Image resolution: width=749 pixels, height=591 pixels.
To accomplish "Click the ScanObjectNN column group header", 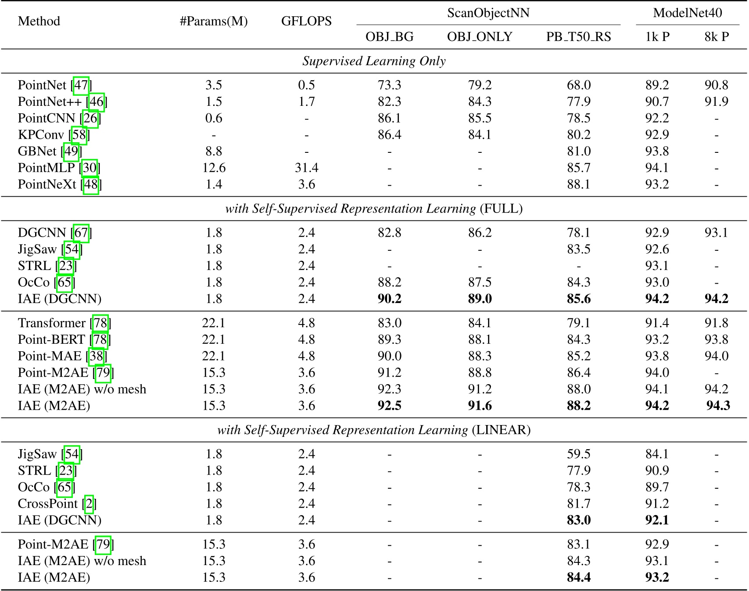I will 488,13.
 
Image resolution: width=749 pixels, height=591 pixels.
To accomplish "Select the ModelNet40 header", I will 687,13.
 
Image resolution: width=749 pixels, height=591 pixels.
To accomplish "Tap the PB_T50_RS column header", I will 578,36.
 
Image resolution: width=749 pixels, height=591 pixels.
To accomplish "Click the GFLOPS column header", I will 306,21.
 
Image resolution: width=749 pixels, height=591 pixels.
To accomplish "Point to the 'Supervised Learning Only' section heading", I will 374,61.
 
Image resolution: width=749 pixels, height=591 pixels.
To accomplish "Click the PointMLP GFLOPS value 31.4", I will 306,168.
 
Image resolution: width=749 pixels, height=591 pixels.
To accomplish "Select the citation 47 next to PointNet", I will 81,85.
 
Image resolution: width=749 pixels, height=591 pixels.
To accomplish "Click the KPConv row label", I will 40,135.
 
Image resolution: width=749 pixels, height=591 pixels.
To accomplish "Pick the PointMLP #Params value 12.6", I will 214,168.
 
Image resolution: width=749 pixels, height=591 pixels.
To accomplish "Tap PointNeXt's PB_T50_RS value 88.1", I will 578,184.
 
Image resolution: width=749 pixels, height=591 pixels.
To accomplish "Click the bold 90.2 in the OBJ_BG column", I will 389,299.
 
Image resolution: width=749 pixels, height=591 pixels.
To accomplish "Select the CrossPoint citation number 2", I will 89,504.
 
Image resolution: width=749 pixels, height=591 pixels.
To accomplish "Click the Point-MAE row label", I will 50,356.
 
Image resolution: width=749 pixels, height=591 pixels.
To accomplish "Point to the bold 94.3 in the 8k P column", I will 718,406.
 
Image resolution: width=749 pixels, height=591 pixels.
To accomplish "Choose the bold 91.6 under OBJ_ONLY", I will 480,406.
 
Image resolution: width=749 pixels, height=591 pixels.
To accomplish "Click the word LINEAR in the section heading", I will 501,430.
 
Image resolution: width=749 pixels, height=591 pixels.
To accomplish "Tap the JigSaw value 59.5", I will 578,454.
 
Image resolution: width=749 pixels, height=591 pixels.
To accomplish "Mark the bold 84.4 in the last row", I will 578,577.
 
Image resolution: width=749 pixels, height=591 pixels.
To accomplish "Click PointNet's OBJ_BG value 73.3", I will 389,85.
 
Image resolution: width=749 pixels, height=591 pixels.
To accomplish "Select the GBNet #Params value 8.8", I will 214,151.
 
